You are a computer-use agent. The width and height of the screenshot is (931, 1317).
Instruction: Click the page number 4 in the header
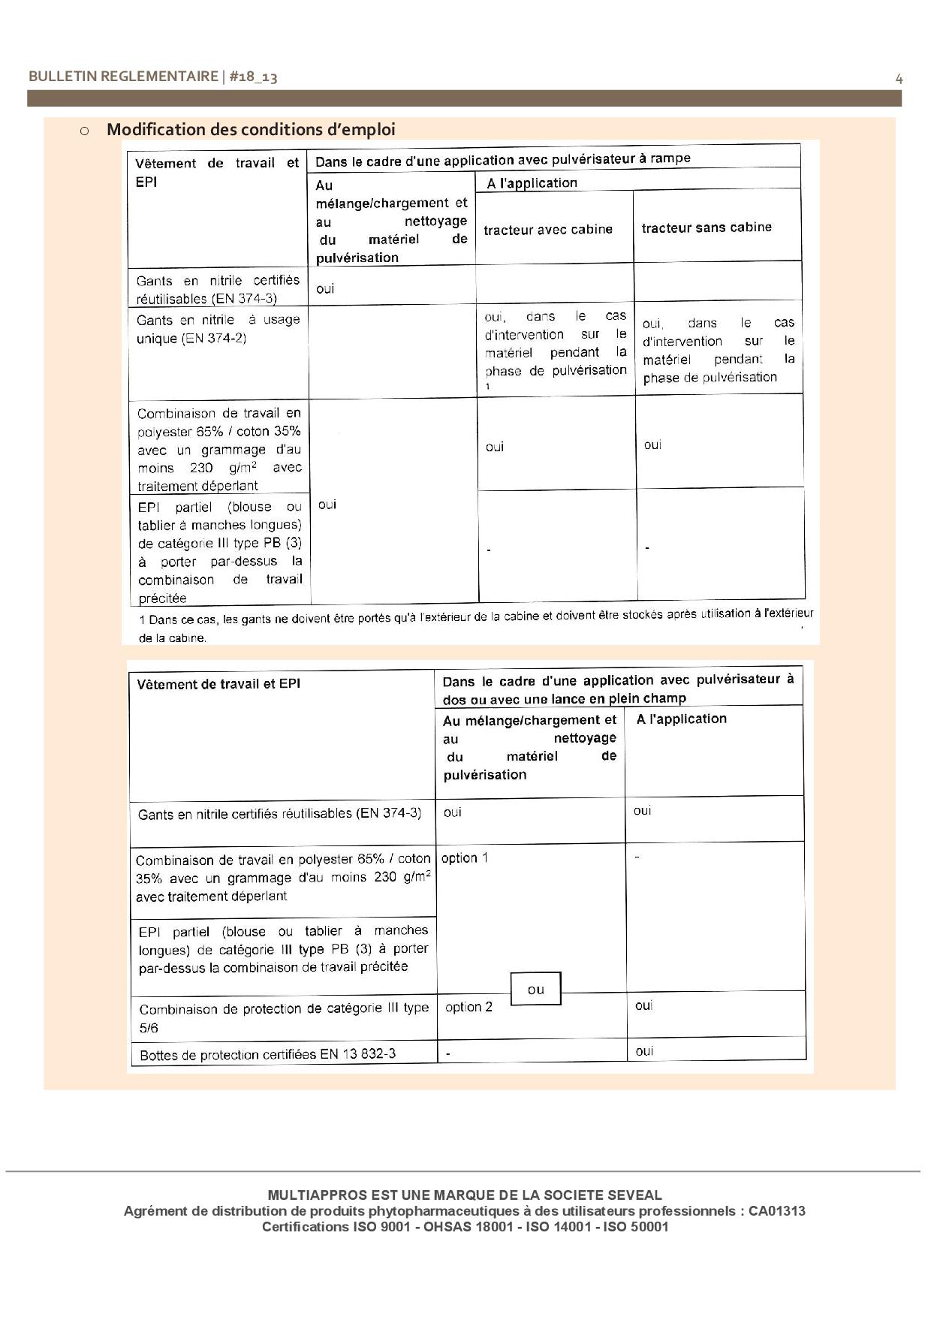(899, 78)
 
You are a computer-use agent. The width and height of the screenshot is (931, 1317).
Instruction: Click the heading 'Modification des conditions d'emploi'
(251, 129)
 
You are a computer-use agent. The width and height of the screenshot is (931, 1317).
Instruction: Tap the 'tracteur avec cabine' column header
(548, 230)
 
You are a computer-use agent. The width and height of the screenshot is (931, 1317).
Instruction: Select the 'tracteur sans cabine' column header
(707, 228)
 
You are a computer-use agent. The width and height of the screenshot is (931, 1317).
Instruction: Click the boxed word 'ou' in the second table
(535, 989)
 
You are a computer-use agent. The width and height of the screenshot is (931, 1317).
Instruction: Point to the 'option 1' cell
(465, 857)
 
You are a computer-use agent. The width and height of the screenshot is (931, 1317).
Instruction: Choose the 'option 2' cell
(469, 1007)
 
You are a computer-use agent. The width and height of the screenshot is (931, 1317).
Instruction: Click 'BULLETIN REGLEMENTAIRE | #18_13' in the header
(153, 77)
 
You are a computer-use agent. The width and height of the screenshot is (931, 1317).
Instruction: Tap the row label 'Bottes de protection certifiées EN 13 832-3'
(268, 1054)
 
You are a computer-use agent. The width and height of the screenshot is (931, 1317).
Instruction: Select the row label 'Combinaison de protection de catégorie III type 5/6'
(284, 1017)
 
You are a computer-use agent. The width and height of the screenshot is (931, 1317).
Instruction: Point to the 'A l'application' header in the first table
(532, 182)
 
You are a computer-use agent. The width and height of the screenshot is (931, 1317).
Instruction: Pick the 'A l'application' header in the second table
(681, 719)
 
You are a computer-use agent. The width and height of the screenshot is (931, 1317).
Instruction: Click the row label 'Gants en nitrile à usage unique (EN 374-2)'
(218, 329)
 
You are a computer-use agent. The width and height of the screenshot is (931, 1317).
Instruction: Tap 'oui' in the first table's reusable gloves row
(325, 289)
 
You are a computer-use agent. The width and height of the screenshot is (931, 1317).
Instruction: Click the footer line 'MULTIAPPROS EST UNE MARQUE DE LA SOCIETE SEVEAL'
(465, 1195)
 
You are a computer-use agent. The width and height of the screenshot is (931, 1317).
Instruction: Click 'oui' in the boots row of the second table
(644, 1050)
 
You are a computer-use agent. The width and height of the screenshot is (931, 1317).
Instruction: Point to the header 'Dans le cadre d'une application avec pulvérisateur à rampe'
(502, 159)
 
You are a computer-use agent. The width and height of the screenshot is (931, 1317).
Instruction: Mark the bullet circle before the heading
(84, 131)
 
